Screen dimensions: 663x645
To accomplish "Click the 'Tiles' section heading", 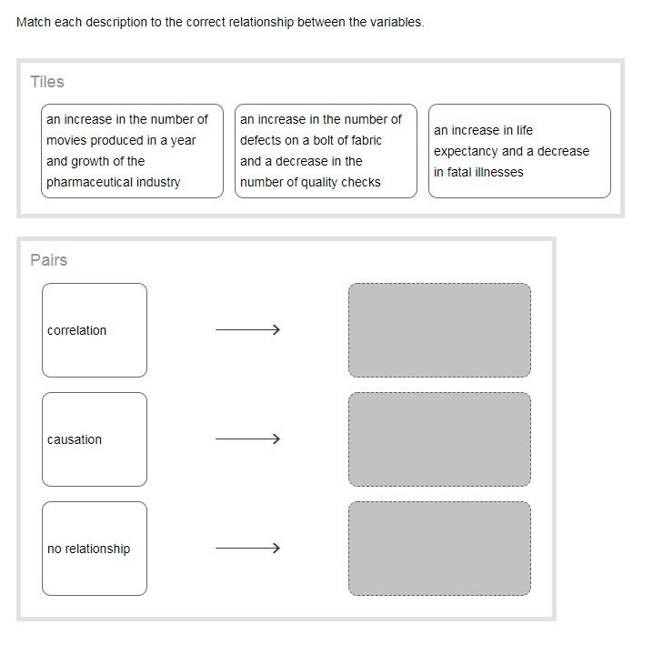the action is click(x=47, y=82).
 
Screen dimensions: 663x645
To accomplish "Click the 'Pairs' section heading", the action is click(x=48, y=259).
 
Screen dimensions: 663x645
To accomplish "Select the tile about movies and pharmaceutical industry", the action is click(x=133, y=151).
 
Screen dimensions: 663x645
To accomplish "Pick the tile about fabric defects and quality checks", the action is click(x=326, y=151).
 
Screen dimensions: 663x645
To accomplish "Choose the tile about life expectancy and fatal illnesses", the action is click(x=519, y=151).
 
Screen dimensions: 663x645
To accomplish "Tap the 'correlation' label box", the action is click(x=95, y=330).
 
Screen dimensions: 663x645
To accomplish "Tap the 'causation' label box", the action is click(x=95, y=439).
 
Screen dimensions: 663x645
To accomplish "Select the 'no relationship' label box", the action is click(x=95, y=549).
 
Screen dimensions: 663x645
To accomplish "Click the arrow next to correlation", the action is click(x=247, y=329).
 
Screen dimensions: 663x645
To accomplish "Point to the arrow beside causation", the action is click(x=247, y=438).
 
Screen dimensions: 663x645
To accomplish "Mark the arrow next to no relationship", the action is click(x=247, y=548).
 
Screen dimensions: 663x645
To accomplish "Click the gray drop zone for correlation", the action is click(x=440, y=330).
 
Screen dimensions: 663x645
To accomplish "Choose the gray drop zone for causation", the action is click(x=440, y=439).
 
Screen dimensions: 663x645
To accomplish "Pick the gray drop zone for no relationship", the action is click(x=440, y=549).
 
